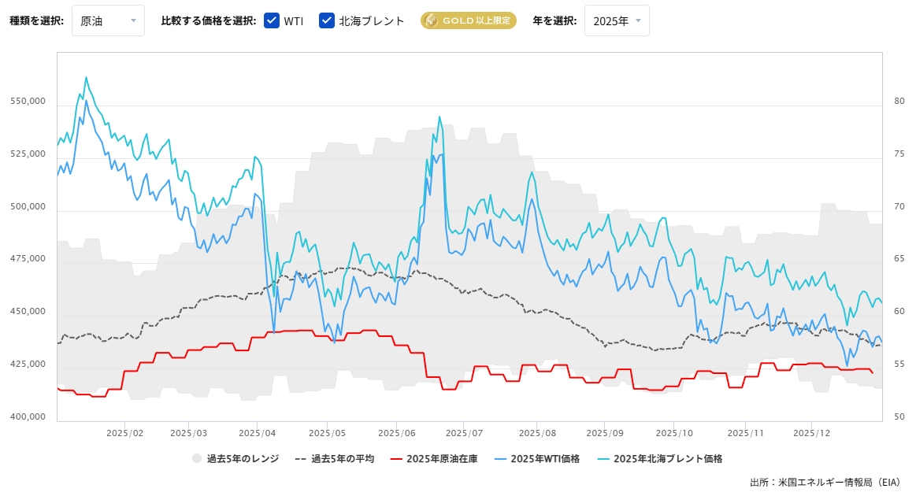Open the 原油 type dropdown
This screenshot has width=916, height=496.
coord(108,20)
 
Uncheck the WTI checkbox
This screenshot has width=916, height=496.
coord(272,21)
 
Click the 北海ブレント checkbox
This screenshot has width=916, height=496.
coord(327,21)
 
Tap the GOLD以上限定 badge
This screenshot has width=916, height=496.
coord(468,21)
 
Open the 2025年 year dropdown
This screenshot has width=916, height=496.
coord(617,20)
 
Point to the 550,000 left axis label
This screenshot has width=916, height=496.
coord(28,102)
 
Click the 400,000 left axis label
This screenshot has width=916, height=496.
coord(28,417)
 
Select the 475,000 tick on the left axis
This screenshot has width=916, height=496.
coord(28,260)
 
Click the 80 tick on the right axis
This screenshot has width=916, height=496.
coord(899,102)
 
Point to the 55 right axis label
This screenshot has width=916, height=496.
coord(899,365)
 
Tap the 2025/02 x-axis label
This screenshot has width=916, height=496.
coord(124,433)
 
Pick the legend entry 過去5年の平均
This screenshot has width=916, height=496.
coord(334,458)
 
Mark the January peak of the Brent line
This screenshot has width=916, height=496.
coord(86,77)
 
